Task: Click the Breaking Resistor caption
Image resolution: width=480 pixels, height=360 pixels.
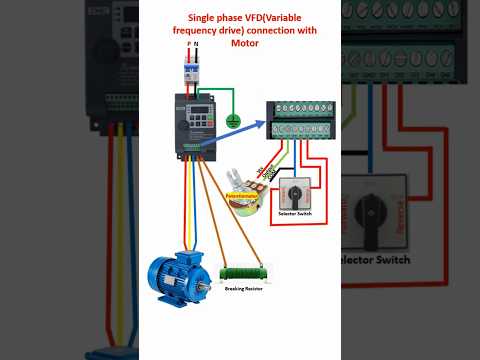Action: pos(244,288)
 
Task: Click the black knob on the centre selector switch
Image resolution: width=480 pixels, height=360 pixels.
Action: pos(297,191)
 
